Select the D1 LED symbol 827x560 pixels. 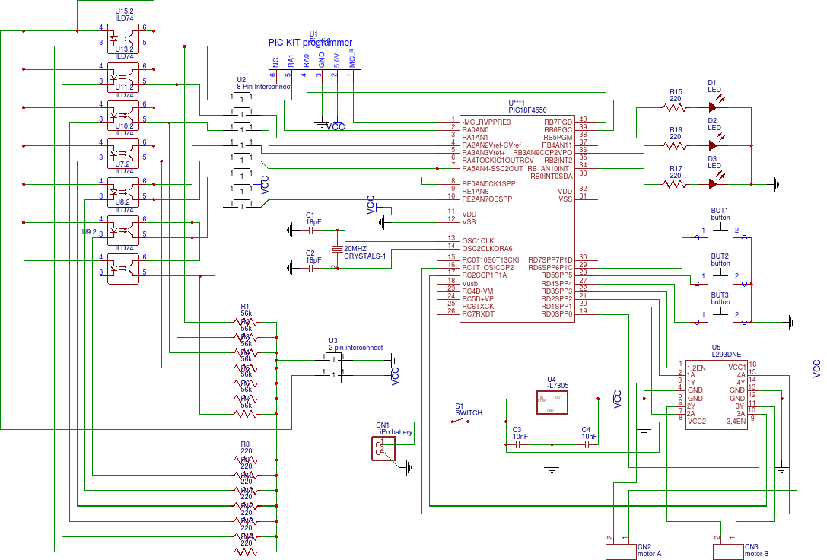[x=713, y=107]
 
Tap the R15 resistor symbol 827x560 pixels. [x=675, y=107]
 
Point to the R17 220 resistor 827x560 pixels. [x=675, y=183]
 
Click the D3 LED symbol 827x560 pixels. [x=713, y=183]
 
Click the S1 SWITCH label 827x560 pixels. [x=469, y=410]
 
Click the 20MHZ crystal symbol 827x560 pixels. [x=338, y=249]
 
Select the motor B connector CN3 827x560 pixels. [x=727, y=551]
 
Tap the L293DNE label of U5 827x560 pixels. [x=727, y=355]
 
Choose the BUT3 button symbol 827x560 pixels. [x=720, y=321]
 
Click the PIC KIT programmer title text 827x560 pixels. [x=310, y=43]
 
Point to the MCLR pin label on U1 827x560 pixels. [x=352, y=60]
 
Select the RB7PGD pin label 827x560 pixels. [x=558, y=120]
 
